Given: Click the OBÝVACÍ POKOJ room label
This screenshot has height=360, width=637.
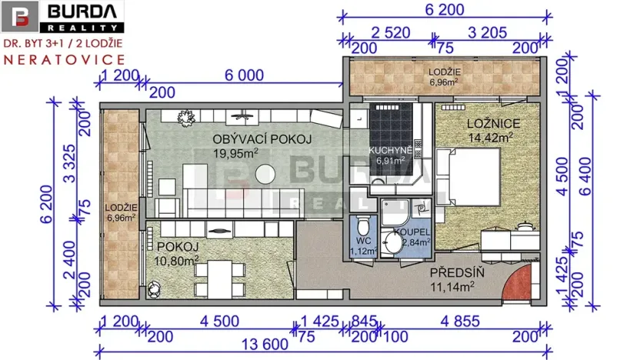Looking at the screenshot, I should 252,138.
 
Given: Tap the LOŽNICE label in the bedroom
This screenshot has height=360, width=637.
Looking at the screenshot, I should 493,124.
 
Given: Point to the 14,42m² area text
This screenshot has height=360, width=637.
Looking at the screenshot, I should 491,138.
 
